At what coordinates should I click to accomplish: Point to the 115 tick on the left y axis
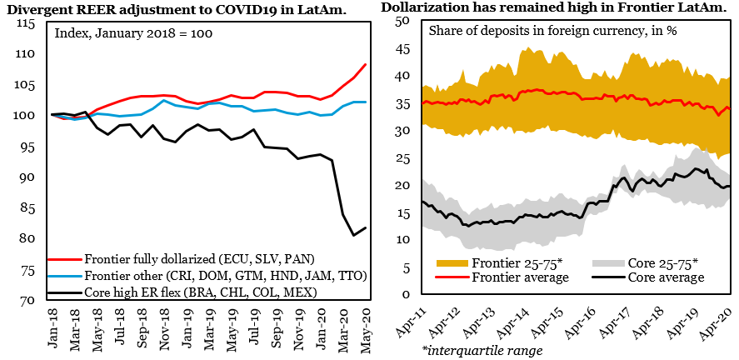25,23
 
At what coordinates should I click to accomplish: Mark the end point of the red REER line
366,64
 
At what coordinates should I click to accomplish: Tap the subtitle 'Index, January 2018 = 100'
133,35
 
